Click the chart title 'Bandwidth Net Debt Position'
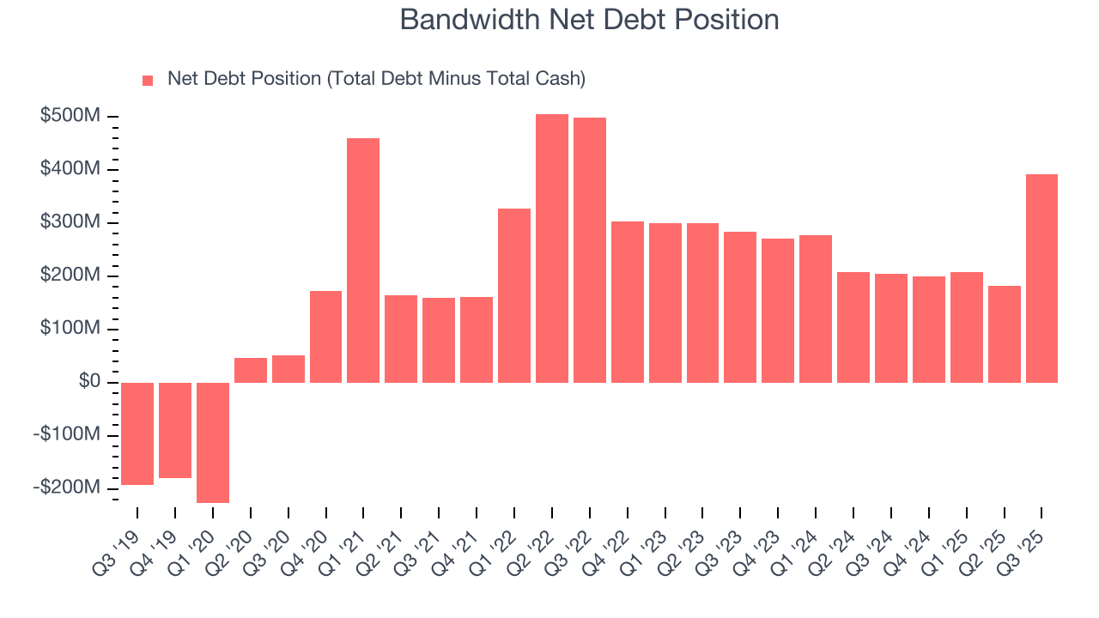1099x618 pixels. [589, 20]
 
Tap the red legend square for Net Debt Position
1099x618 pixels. [148, 80]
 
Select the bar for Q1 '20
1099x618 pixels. [213, 442]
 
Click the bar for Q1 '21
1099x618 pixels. [363, 260]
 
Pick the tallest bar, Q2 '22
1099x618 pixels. [552, 248]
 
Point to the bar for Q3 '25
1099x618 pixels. [1041, 278]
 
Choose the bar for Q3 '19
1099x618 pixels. [137, 433]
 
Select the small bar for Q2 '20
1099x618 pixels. [251, 370]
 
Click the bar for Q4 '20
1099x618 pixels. [326, 336]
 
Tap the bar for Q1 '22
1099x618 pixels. [514, 295]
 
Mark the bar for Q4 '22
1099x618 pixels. [628, 301]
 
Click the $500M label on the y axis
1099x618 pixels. [70, 116]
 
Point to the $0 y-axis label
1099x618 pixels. [89, 381]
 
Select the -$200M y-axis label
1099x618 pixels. [67, 488]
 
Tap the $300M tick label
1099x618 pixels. [70, 222]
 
